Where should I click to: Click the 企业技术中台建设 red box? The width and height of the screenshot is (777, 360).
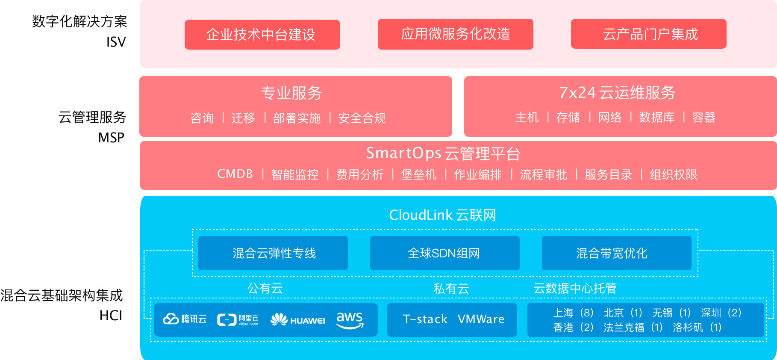coord(262,35)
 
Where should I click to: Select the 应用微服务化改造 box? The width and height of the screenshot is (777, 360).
coord(455,34)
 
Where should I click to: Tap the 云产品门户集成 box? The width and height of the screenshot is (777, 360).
coord(648,34)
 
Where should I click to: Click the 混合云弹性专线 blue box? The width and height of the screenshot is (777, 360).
coord(273,253)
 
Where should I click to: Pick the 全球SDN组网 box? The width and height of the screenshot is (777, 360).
coord(444,253)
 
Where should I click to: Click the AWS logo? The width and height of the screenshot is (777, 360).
coord(350,319)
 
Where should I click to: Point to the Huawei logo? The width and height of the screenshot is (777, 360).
coord(298,320)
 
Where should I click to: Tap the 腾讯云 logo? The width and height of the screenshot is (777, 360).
coord(185,319)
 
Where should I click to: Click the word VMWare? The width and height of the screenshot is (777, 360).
coord(481,319)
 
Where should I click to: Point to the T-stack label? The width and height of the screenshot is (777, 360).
coord(425,319)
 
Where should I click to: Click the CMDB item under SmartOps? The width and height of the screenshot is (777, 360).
coord(235,174)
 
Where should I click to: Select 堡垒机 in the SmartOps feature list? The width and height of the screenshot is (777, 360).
coord(419,174)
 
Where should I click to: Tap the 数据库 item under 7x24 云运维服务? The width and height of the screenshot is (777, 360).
coord(657,117)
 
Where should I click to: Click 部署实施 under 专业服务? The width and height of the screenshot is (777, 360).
coord(297,118)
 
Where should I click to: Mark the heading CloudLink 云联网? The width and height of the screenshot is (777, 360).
coord(442,215)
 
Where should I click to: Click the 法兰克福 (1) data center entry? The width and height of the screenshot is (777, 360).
coord(633,328)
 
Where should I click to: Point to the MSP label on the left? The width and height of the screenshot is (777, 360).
coord(111,138)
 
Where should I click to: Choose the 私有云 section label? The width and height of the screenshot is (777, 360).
coord(451,289)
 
